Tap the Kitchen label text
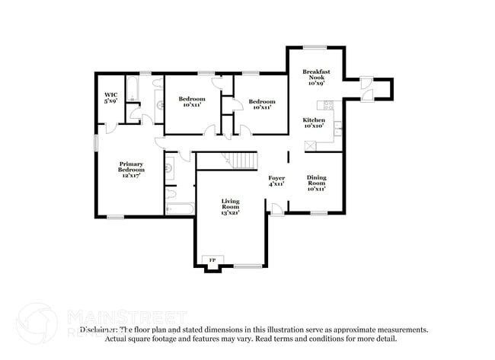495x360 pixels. point(314,120)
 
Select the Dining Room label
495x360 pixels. point(316,180)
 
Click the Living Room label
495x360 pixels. point(230,203)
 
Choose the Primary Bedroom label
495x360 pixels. point(130,167)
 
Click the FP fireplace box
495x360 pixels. point(212,260)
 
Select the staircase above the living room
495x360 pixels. point(241,161)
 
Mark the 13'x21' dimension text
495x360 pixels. point(230,213)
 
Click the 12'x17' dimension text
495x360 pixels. point(130,176)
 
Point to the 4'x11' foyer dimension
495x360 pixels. point(276,183)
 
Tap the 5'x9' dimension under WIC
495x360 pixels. point(110,100)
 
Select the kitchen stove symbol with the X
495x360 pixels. point(310,146)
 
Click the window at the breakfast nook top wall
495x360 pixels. point(315,48)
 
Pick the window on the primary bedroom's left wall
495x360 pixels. point(95,143)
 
